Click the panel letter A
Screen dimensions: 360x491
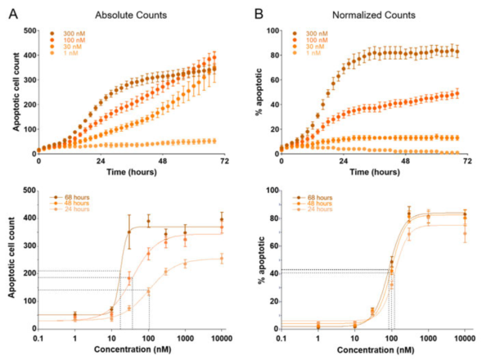click(x=10, y=13)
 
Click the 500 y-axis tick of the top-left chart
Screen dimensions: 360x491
click(x=27, y=31)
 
